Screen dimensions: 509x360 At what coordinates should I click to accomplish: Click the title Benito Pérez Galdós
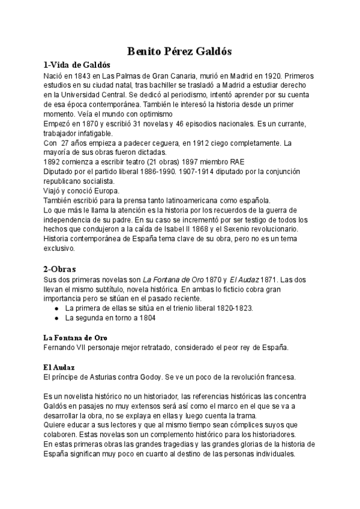(179, 52)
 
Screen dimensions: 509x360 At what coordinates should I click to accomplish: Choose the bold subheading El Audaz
(58, 367)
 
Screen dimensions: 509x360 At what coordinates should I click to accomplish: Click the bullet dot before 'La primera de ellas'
(56, 309)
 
